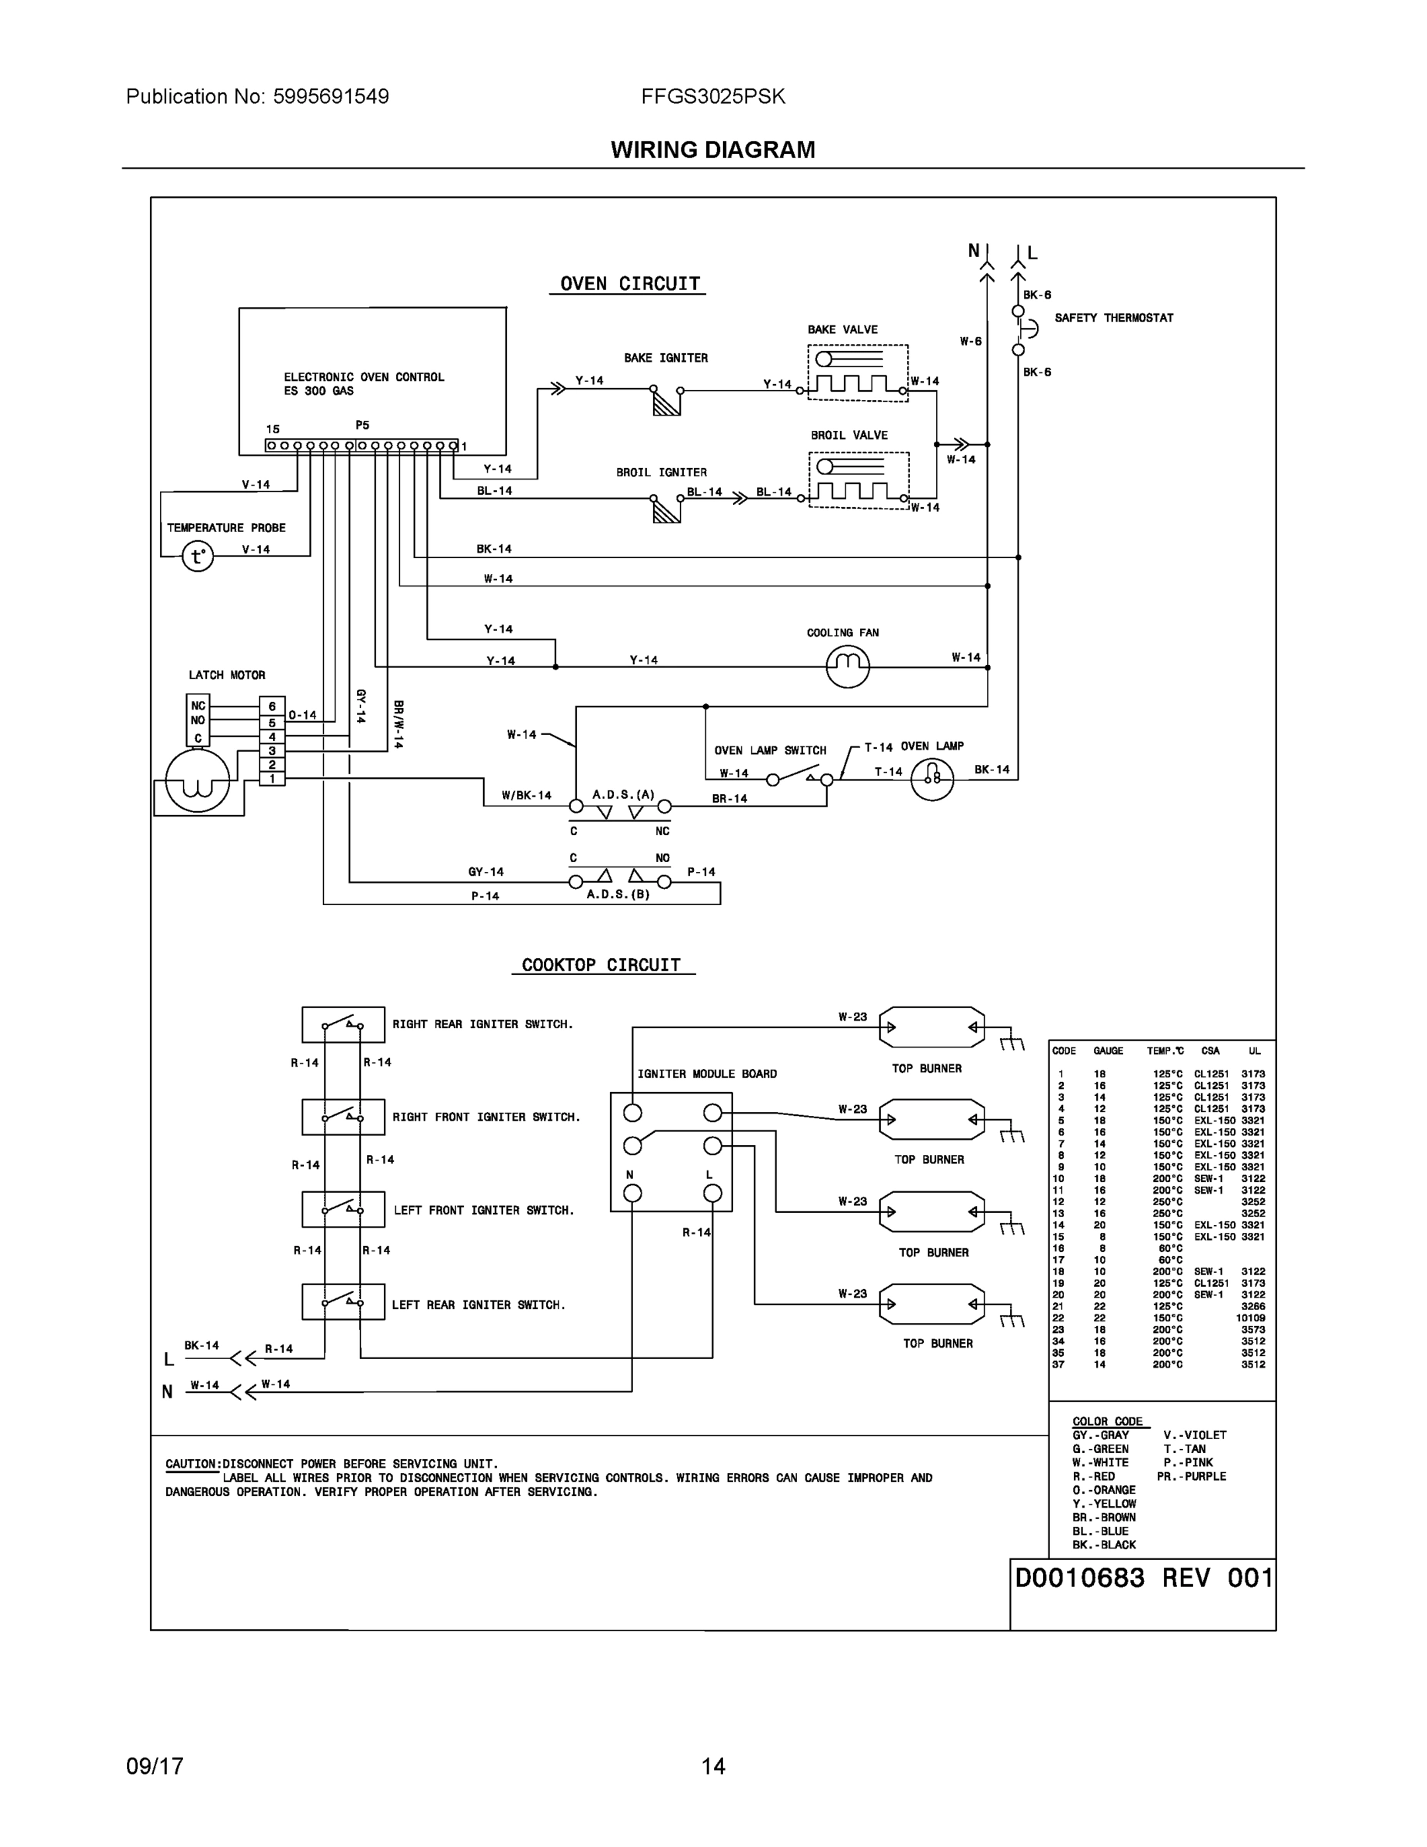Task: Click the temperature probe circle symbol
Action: tap(198, 556)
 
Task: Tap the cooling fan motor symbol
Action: tap(847, 666)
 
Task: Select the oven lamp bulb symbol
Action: tap(932, 778)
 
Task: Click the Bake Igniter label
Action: tap(665, 358)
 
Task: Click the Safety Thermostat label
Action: tap(1113, 318)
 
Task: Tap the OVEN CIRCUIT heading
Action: tap(630, 284)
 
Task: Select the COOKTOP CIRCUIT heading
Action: tap(601, 965)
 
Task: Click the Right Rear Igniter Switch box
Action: tap(343, 1024)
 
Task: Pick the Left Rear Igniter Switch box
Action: tap(343, 1301)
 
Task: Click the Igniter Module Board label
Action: tap(707, 1074)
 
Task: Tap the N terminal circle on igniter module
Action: tap(632, 1194)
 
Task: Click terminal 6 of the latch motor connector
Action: tap(272, 706)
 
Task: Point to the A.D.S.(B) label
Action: tap(618, 894)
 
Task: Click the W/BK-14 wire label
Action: tap(526, 796)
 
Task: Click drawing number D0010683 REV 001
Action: tap(1143, 1578)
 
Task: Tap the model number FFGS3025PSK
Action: tap(712, 96)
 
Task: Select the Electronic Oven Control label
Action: tap(364, 377)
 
